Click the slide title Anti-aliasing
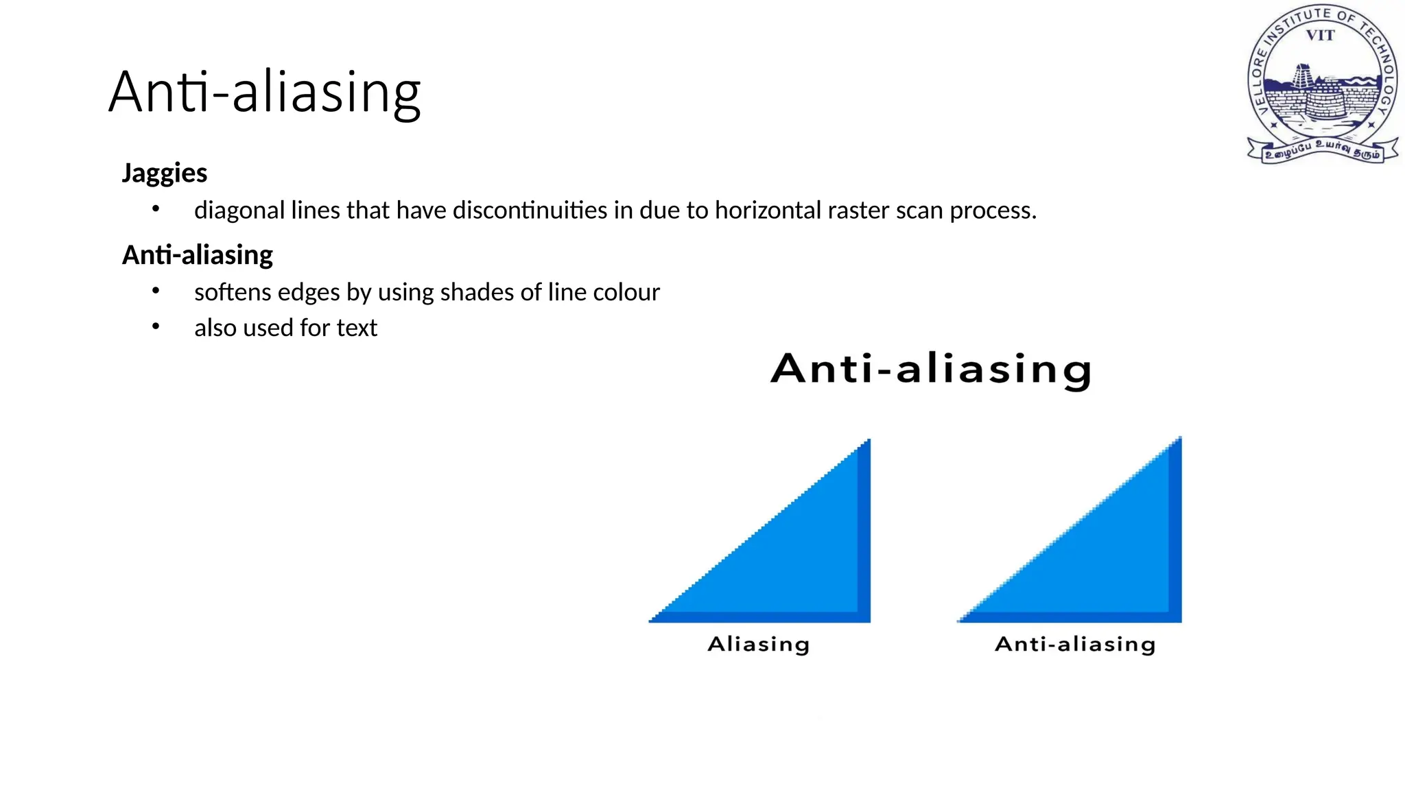tap(264, 92)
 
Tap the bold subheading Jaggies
tap(164, 173)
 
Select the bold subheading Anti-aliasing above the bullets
tap(197, 255)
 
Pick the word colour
tap(626, 292)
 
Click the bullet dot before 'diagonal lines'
tap(156, 208)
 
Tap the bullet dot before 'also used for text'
tap(156, 326)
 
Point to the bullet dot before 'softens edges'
tap(156, 291)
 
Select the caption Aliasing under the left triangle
tap(758, 644)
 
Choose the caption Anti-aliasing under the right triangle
tap(1075, 644)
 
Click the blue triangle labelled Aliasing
tap(803, 562)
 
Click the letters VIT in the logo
tap(1320, 36)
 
